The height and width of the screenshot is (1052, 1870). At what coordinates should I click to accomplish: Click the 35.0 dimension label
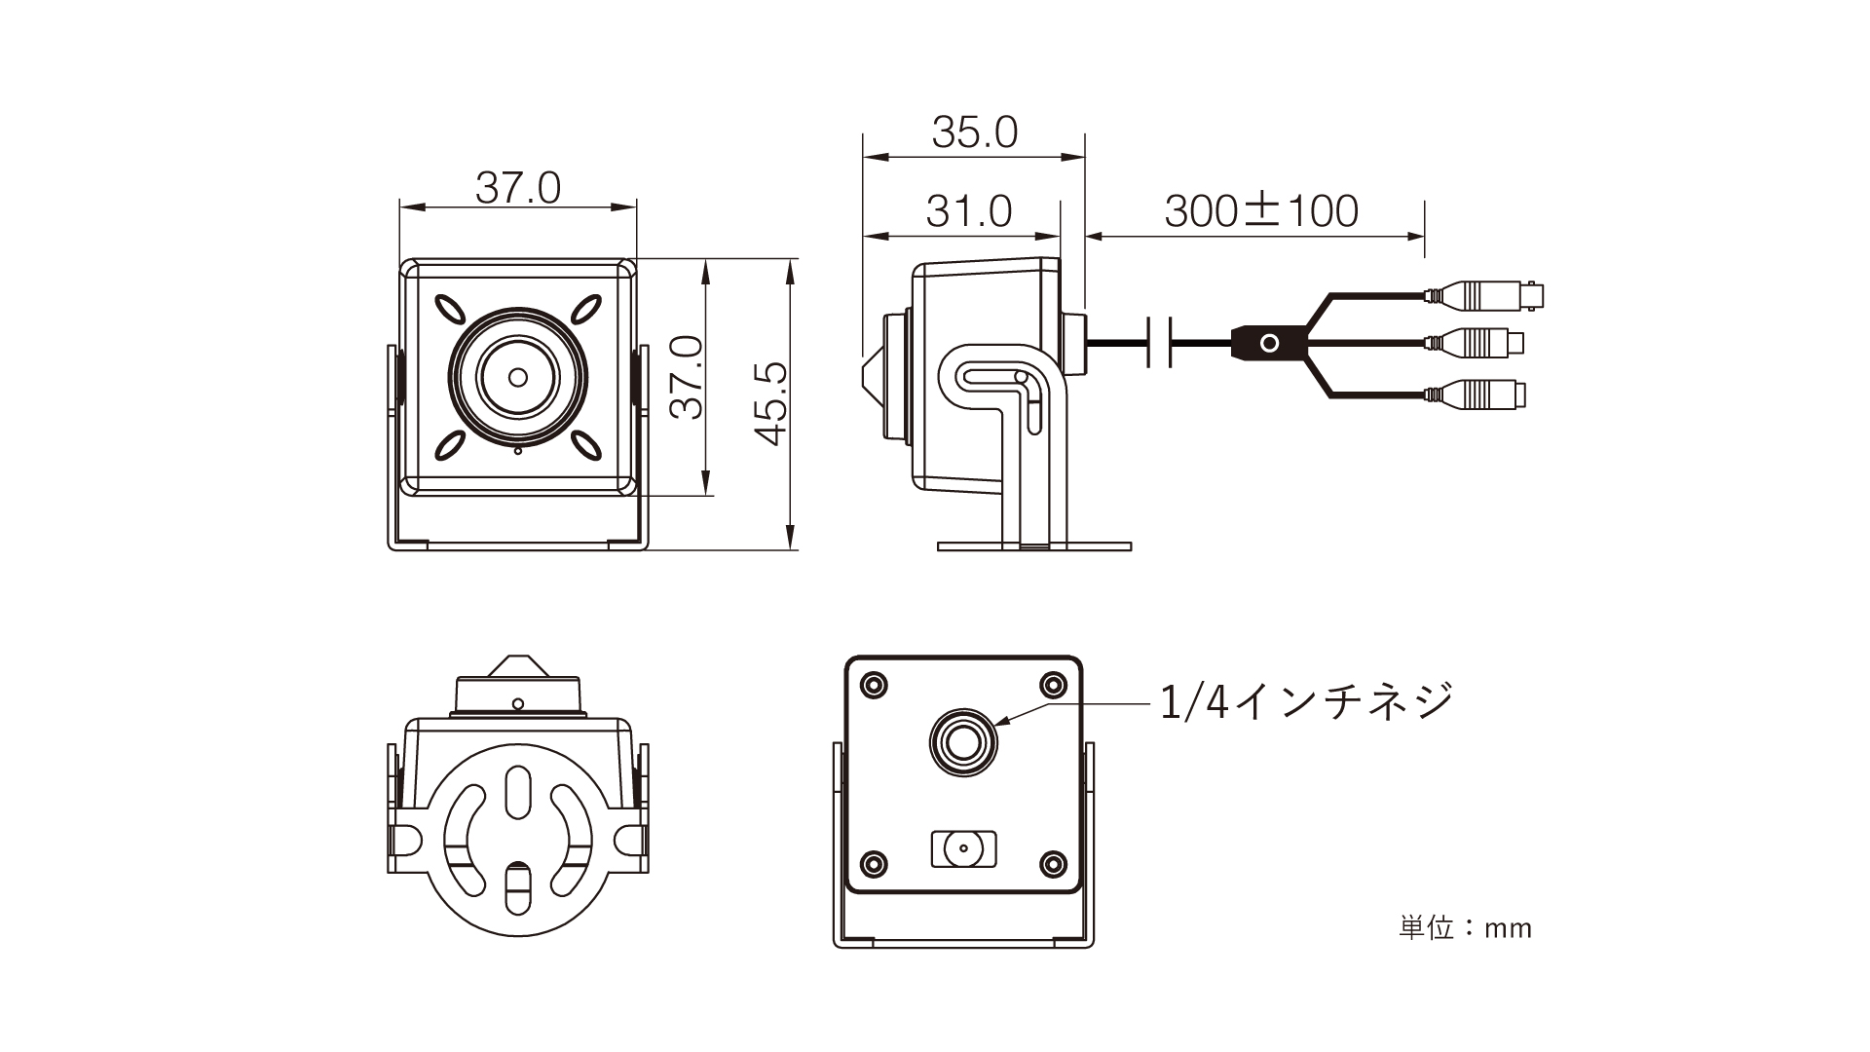click(974, 132)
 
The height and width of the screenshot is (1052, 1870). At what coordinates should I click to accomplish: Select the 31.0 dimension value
click(968, 211)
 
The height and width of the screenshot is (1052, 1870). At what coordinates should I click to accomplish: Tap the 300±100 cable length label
click(1260, 211)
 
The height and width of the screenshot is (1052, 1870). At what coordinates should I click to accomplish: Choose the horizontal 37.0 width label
click(518, 188)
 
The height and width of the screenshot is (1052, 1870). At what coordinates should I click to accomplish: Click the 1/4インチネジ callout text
click(1306, 700)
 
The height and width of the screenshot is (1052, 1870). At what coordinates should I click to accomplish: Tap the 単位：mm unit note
click(1465, 927)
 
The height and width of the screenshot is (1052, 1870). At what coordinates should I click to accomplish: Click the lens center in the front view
click(518, 377)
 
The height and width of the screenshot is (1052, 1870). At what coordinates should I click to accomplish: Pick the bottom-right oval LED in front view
click(586, 445)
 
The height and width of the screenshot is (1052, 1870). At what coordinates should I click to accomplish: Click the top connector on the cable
click(1485, 293)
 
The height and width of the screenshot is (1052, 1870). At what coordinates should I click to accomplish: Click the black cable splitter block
click(1268, 343)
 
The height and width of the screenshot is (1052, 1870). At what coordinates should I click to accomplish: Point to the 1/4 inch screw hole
click(963, 743)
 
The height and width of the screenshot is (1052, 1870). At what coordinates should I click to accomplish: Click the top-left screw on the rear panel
click(874, 684)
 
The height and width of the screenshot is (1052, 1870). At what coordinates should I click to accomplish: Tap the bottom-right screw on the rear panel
click(1053, 862)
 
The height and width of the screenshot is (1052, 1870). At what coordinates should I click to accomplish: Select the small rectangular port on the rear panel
click(964, 848)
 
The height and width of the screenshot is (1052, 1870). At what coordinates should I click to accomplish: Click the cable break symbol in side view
click(1161, 343)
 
